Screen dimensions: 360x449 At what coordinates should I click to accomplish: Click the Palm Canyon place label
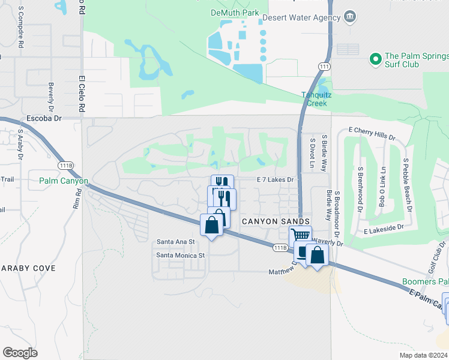click(64, 181)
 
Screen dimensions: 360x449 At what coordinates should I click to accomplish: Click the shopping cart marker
click(300, 235)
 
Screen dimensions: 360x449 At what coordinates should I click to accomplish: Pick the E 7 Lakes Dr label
click(275, 179)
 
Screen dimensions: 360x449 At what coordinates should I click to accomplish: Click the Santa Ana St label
click(176, 242)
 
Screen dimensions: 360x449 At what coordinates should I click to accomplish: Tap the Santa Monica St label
click(181, 255)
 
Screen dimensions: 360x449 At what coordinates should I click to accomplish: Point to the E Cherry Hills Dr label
click(372, 133)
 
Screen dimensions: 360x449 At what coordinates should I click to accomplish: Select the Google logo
click(20, 352)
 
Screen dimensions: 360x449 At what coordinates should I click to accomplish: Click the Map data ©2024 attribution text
click(423, 355)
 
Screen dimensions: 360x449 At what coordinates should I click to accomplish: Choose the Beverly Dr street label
click(51, 94)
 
